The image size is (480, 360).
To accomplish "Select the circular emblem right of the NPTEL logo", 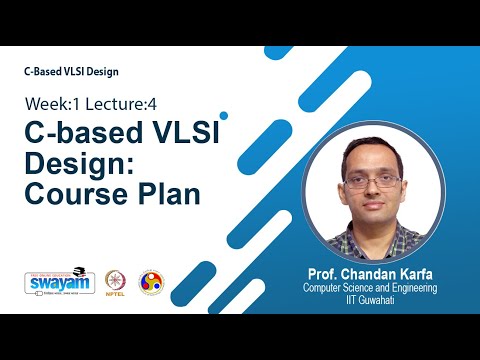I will [x=151, y=282].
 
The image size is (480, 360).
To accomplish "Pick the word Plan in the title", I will [x=168, y=193].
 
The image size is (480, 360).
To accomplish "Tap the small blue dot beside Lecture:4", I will [x=224, y=115].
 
